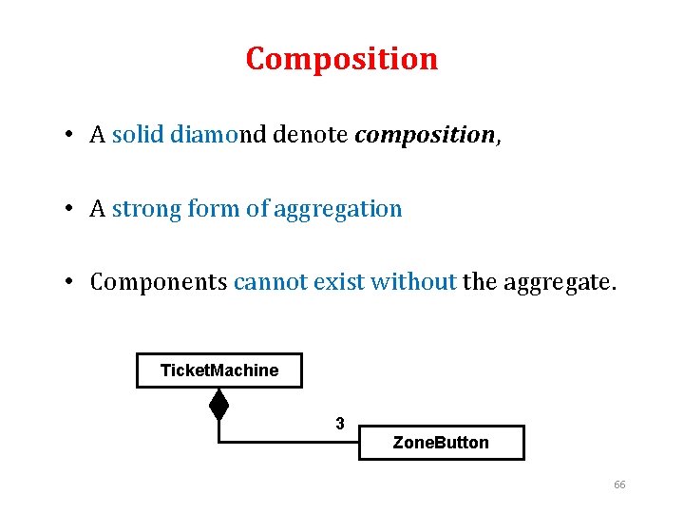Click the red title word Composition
(342, 59)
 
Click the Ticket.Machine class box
(219, 370)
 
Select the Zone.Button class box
(441, 443)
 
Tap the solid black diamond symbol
(219, 406)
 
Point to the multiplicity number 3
(340, 424)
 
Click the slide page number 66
(619, 484)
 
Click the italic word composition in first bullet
(425, 136)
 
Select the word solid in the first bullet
(139, 135)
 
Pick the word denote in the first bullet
(310, 135)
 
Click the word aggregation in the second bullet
(338, 209)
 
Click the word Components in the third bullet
(159, 282)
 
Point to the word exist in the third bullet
(335, 281)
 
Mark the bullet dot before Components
(72, 282)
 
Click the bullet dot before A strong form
(72, 209)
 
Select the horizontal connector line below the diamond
(285, 442)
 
